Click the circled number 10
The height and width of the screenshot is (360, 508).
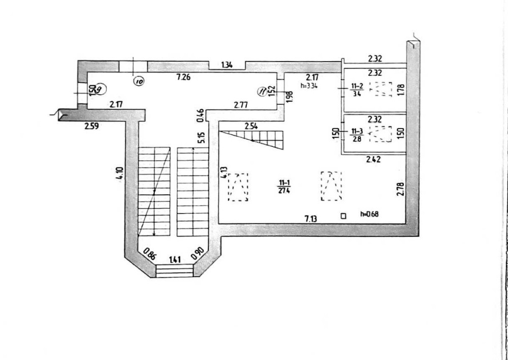pyautogui.click(x=138, y=80)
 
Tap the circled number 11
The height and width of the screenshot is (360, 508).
pyautogui.click(x=262, y=92)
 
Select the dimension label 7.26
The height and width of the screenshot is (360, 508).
pyautogui.click(x=183, y=77)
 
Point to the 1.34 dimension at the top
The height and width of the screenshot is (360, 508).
pyautogui.click(x=227, y=65)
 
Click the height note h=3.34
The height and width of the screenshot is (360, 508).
pyautogui.click(x=309, y=85)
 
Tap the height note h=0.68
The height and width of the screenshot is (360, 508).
pyautogui.click(x=369, y=214)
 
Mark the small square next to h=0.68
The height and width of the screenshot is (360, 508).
pyautogui.click(x=343, y=216)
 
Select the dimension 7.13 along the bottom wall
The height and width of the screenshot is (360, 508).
pyautogui.click(x=311, y=219)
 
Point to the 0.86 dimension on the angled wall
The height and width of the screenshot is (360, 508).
pyautogui.click(x=149, y=252)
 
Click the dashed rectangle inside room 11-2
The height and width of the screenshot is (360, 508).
pyautogui.click(x=380, y=89)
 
